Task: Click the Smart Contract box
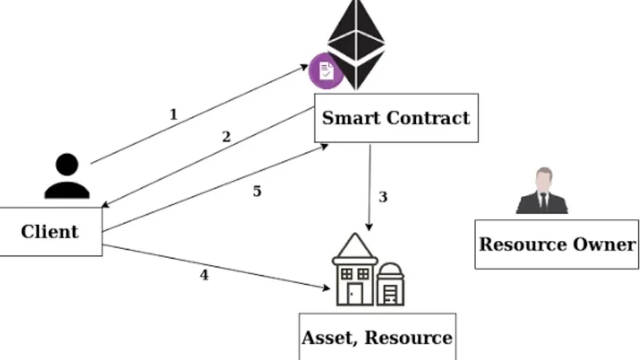(x=396, y=118)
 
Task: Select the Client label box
(x=50, y=231)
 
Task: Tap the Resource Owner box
(x=557, y=244)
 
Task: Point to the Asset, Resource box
(x=377, y=337)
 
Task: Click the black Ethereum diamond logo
(x=355, y=43)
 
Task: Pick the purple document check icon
(x=325, y=71)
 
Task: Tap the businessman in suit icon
(x=541, y=191)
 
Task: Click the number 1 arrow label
(x=173, y=114)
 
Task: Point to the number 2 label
(x=226, y=137)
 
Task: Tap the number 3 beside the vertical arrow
(x=382, y=197)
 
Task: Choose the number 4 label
(x=204, y=275)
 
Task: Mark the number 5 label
(x=257, y=191)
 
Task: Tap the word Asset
(x=328, y=338)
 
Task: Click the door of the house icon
(x=355, y=294)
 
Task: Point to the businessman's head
(x=541, y=178)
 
